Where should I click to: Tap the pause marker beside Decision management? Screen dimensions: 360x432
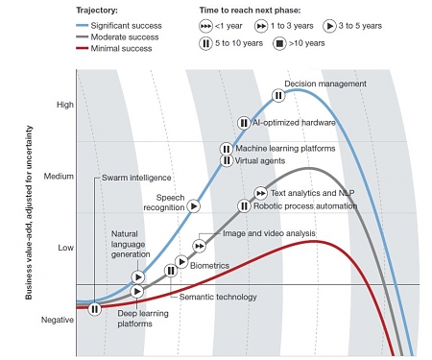pos(277,95)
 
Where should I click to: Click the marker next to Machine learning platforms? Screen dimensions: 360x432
pos(226,148)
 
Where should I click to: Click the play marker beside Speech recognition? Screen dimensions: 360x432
pos(193,205)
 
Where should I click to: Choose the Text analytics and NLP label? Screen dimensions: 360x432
pos(300,193)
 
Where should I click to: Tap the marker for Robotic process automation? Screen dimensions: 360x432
pos(244,205)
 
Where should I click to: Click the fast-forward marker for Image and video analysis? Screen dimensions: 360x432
pos(201,247)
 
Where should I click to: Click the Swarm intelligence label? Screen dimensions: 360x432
pos(135,178)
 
